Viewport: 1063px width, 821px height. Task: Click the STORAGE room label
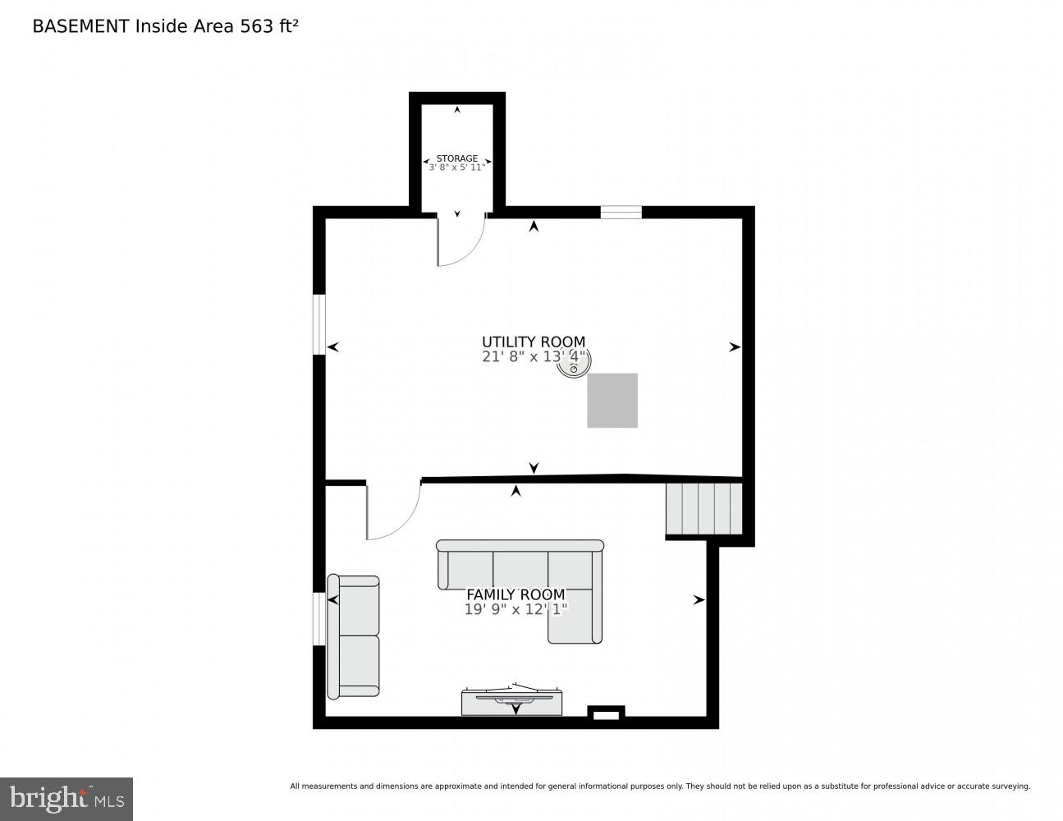(456, 158)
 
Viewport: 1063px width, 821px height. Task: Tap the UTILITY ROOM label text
(534, 342)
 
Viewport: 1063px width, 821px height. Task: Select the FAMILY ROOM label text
(515, 594)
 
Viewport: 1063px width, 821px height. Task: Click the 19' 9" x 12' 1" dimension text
(515, 609)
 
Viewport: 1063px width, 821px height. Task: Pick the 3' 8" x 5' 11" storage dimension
(457, 167)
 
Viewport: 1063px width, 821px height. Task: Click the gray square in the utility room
(612, 400)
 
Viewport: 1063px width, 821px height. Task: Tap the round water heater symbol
(573, 364)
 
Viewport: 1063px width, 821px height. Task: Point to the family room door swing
(390, 512)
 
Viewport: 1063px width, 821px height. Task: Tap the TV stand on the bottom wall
(511, 703)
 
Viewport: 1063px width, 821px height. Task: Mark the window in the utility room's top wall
(621, 213)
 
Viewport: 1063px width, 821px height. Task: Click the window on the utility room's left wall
(319, 324)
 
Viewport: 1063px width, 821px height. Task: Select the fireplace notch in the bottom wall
(606, 714)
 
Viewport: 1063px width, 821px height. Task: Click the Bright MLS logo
(66, 798)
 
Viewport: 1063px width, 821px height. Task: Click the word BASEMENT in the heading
(80, 26)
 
